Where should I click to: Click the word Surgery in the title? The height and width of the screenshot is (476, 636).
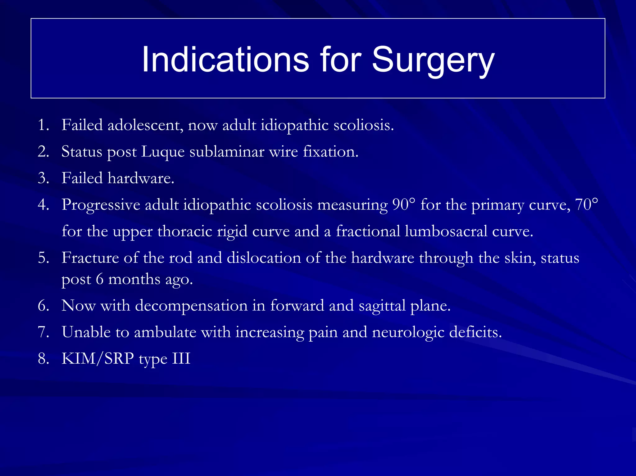[x=433, y=60]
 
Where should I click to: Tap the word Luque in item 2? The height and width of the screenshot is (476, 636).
[x=163, y=152]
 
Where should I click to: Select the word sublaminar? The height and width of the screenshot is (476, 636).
[x=227, y=152]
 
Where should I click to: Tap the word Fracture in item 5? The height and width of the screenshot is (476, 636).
[x=90, y=258]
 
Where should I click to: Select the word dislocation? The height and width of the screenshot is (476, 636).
[x=264, y=258]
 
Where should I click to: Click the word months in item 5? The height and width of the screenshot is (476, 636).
[x=134, y=279]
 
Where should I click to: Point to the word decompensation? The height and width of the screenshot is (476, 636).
[x=191, y=306]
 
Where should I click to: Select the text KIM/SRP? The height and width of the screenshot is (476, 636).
[x=98, y=359]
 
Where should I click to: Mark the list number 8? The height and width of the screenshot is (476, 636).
[x=43, y=359]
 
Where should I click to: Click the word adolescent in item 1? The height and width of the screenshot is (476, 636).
[x=145, y=125]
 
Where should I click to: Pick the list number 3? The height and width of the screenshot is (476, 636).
[x=43, y=178]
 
